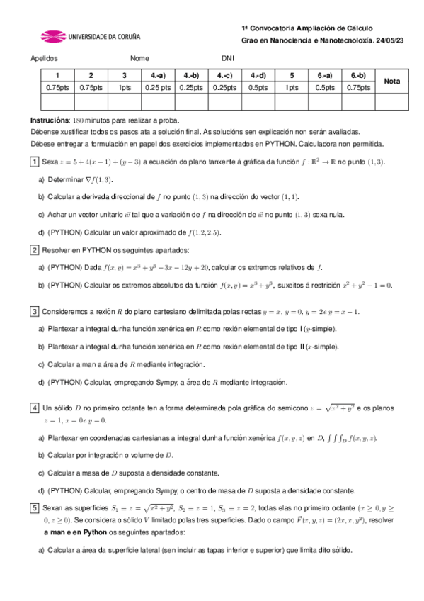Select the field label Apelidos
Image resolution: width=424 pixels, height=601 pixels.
(44, 59)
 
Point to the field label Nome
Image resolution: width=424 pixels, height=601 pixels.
(139, 59)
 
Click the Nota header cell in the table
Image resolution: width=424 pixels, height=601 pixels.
(391, 82)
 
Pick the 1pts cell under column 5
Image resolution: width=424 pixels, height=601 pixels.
(292, 88)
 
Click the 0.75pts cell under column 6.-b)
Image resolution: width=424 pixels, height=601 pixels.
(358, 88)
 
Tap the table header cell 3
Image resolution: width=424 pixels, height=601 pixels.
(125, 75)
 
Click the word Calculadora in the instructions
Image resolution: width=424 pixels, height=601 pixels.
(311, 142)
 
